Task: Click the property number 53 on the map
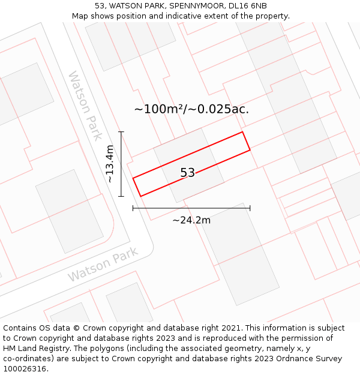click(188, 173)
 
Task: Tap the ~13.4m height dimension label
click(109, 164)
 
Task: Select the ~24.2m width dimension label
click(191, 220)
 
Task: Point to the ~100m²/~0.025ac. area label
click(191, 109)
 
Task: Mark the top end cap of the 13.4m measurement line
click(121, 132)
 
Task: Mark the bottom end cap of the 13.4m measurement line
click(121, 196)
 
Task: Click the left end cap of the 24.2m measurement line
click(133, 208)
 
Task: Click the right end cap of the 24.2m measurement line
click(250, 208)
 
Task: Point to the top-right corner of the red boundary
click(242, 132)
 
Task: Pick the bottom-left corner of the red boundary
click(140, 196)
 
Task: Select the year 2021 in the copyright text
click(232, 328)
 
